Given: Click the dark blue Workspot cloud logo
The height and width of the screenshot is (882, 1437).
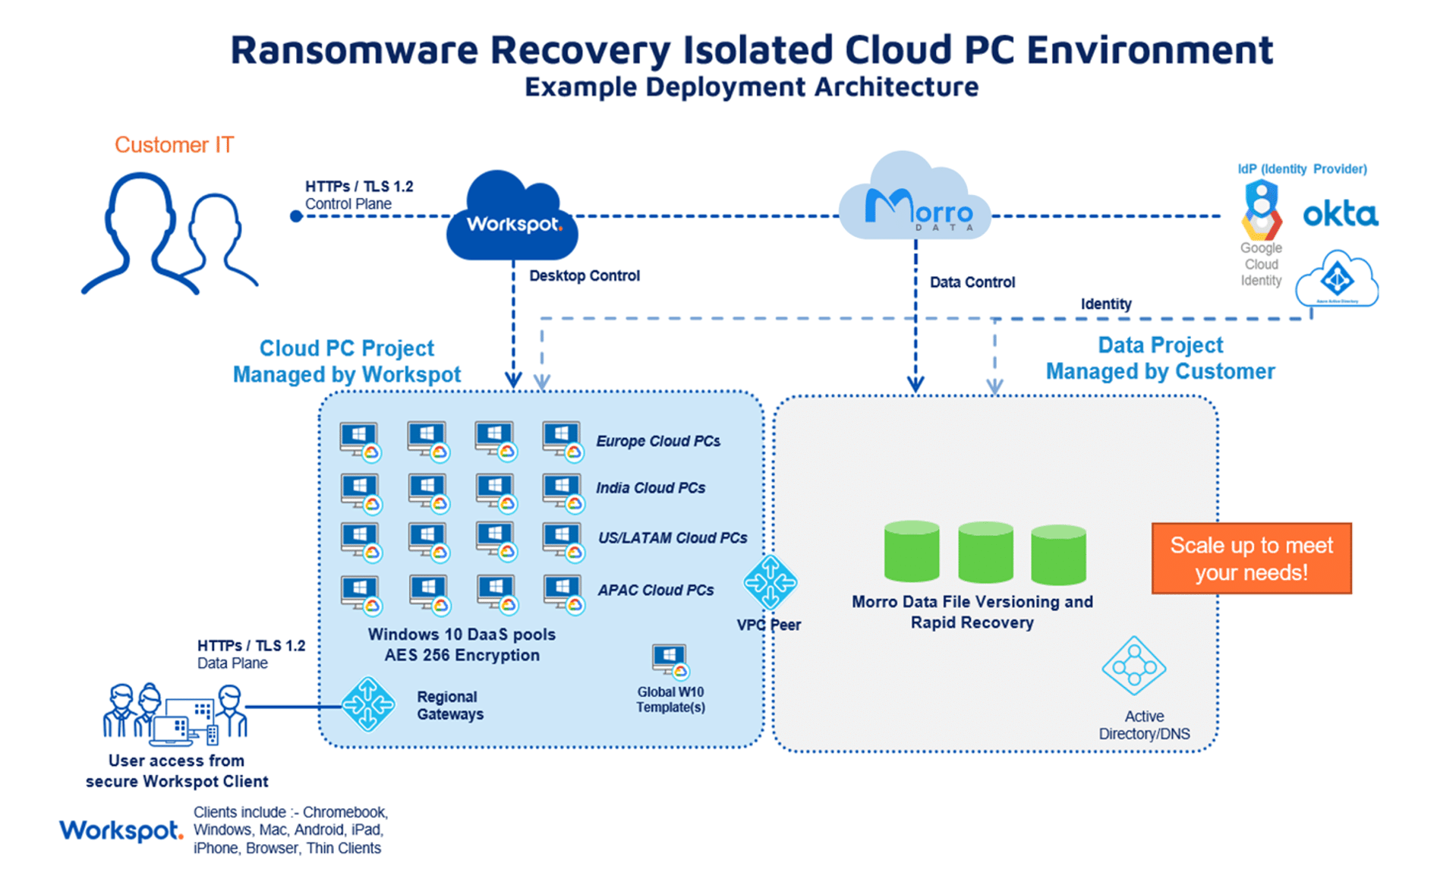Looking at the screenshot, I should pyautogui.click(x=512, y=219).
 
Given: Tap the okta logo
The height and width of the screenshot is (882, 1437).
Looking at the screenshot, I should pyautogui.click(x=1340, y=215).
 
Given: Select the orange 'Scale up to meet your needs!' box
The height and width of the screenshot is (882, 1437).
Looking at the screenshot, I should pyautogui.click(x=1251, y=559).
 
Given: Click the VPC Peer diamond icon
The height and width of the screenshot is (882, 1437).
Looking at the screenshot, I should pyautogui.click(x=770, y=582).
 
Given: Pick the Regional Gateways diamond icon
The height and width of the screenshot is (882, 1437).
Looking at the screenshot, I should pyautogui.click(x=368, y=704).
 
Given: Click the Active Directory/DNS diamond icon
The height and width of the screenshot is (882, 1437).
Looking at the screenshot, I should pyautogui.click(x=1133, y=666).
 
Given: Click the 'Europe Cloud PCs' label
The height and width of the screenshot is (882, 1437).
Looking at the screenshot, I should pyautogui.click(x=657, y=441).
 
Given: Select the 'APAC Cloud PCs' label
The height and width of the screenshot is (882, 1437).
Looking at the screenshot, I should pyautogui.click(x=655, y=590).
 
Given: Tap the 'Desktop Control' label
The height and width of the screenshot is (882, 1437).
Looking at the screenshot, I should pyautogui.click(x=584, y=276).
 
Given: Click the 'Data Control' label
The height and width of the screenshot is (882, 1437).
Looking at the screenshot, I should pyautogui.click(x=972, y=282).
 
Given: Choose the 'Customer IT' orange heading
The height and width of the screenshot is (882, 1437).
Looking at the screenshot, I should pyautogui.click(x=174, y=145).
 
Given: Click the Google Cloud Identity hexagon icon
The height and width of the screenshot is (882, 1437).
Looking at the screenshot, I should pyautogui.click(x=1261, y=209).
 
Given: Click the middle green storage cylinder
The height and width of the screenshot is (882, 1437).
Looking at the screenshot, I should pyautogui.click(x=985, y=553).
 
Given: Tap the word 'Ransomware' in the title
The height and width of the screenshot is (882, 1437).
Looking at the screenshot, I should pyautogui.click(x=355, y=50).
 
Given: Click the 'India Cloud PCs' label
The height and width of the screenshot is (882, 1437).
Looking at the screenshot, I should pyautogui.click(x=650, y=488).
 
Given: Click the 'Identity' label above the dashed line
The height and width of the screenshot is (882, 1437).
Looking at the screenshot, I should pyautogui.click(x=1105, y=304).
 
